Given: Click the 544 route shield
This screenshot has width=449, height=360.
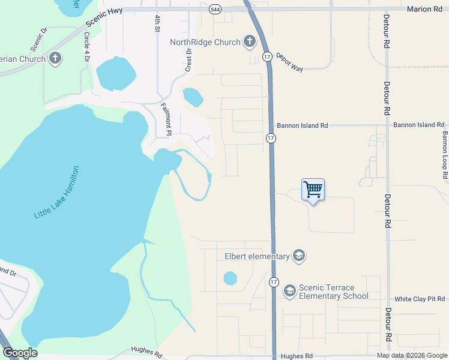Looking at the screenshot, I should point(215,10).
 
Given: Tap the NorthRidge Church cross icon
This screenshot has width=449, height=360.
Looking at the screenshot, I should point(249,42).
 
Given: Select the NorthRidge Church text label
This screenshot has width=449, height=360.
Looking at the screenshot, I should point(205,42).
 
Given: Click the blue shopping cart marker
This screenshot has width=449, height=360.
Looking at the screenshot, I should point(313,190).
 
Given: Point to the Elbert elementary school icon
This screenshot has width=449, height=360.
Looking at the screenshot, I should point(299,256).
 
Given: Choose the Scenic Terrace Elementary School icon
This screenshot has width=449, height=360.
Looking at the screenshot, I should point(289,291).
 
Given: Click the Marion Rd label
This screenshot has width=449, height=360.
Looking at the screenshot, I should point(428,9).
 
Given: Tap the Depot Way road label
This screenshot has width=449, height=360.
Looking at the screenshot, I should point(289,61).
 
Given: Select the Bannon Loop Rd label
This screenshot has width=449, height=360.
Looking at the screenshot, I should point(445,155).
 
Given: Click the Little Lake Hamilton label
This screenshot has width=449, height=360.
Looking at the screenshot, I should point(56,192).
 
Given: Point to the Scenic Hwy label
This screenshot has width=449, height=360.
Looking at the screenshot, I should point(104,18).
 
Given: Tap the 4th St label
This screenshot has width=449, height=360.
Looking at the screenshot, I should point(157,23).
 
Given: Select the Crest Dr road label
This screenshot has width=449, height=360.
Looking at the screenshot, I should point(188,61).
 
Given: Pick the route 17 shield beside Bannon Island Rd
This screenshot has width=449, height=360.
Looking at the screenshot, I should point(271,138).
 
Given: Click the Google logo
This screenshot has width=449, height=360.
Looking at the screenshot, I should point(20,353).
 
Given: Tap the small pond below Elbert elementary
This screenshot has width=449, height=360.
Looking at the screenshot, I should point(230,278).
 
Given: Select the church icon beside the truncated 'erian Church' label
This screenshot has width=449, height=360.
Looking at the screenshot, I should point(55,58).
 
